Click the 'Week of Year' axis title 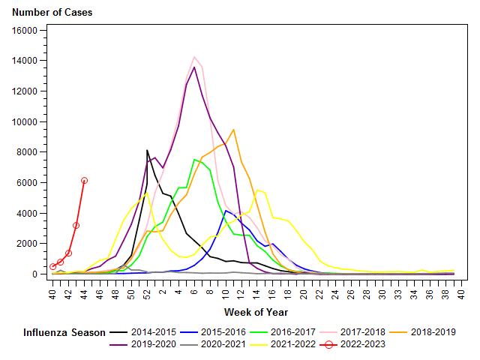pos(256,312)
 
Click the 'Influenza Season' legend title pos(62,331)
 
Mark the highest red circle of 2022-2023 pos(84,180)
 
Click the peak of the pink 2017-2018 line pos(194,57)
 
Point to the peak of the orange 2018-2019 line pos(234,129)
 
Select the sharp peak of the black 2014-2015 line pos(147,150)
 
